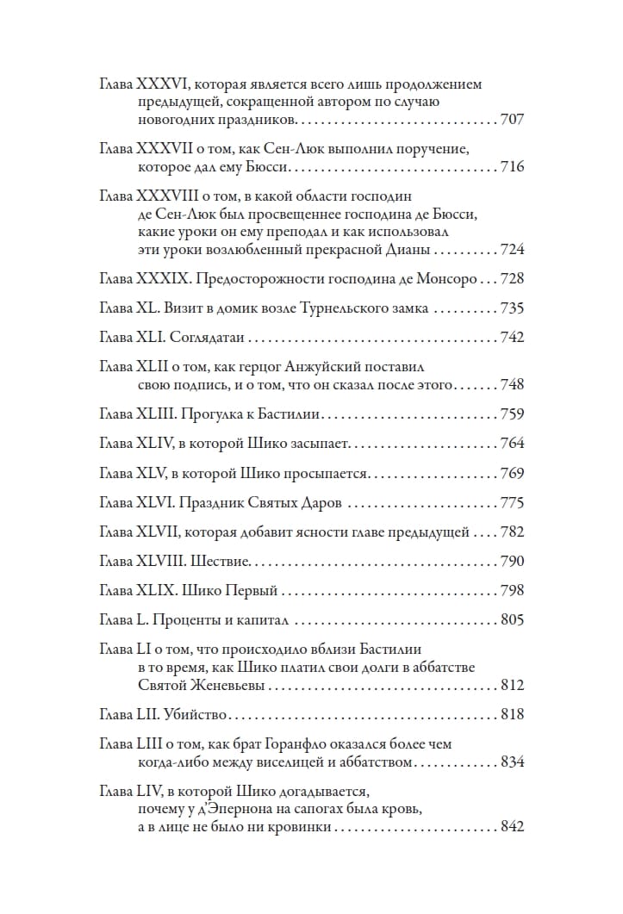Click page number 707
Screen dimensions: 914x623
512,120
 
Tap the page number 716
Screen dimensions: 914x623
512,166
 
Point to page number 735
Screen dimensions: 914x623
512,308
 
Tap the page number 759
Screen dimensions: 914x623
512,414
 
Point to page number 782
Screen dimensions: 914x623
512,532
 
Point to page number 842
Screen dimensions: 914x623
512,827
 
